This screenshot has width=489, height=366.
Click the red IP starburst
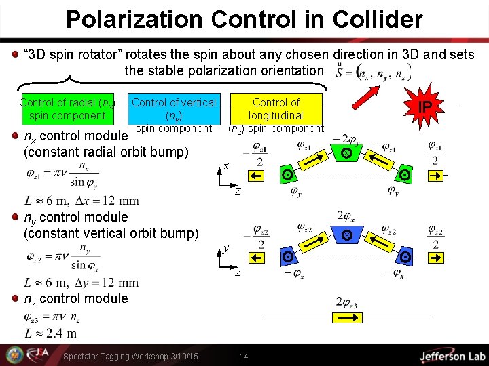point(424,107)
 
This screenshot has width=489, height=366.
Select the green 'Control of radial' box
point(67,109)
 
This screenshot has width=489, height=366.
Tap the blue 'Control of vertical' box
point(173,108)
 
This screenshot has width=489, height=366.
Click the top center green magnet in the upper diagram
point(346,154)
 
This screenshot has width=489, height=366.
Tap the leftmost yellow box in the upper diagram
point(257,176)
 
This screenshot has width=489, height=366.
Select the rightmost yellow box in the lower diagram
point(435,257)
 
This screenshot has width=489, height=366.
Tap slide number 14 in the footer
point(244,357)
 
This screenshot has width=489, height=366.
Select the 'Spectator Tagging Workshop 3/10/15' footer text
point(130,357)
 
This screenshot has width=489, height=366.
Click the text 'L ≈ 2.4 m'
point(50,333)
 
